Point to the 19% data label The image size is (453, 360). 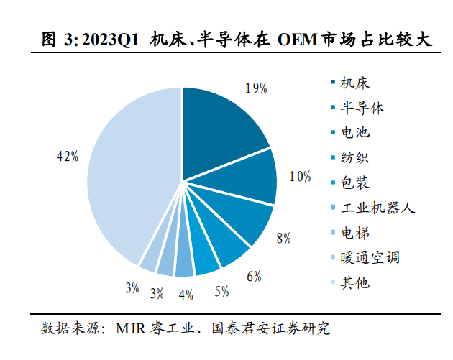click(x=256, y=88)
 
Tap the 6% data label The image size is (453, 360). click(x=253, y=276)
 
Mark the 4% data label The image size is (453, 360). click(x=187, y=294)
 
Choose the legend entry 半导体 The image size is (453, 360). click(x=362, y=108)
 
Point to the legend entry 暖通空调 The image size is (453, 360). click(x=370, y=258)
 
